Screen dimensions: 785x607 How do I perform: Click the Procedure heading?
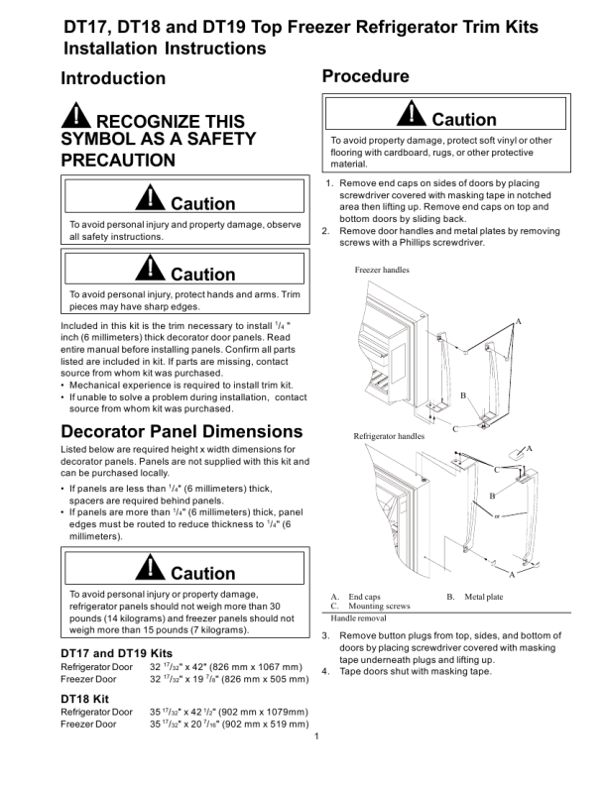click(366, 76)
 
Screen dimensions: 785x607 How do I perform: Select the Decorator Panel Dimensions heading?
click(182, 431)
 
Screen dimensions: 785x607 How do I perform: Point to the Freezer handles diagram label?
click(382, 271)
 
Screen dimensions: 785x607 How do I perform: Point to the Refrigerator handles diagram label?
click(389, 436)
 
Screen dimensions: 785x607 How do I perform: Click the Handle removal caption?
click(359, 617)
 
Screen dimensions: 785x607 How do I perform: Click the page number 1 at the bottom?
click(314, 736)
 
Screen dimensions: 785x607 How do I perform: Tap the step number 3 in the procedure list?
click(326, 635)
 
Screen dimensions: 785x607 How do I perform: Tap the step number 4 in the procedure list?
click(326, 671)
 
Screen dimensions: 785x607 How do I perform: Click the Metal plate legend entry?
click(484, 597)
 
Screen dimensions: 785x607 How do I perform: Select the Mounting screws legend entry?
click(380, 606)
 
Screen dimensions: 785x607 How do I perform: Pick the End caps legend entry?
click(365, 597)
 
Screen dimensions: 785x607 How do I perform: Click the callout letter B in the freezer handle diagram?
click(463, 395)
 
